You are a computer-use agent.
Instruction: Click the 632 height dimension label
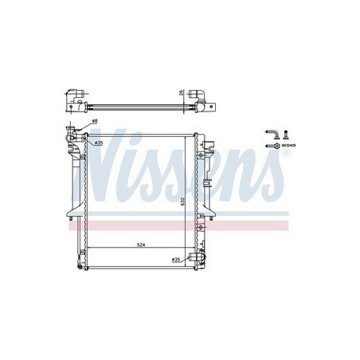pos(182,201)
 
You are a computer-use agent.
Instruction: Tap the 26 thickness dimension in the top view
pos(182,92)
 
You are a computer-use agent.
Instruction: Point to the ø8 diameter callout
pos(94,121)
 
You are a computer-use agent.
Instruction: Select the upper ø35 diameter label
pos(99,143)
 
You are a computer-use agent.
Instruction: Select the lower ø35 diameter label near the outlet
pos(175,260)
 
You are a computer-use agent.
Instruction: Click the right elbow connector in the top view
pos(205,104)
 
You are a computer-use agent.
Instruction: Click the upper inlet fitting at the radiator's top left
pos(75,136)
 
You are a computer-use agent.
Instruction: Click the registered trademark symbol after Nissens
pos(280,152)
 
